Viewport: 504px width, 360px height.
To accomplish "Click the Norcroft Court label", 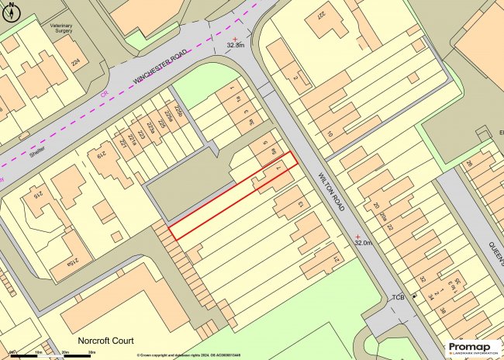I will pos(105,341).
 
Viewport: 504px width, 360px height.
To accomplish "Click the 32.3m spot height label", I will pos(236,46).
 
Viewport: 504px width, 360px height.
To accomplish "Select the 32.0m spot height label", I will pos(363,243).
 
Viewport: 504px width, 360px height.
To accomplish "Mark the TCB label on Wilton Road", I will pos(399,297).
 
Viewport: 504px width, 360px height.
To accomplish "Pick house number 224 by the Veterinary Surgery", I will pos(75,62).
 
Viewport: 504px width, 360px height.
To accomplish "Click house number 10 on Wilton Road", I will pos(329,134).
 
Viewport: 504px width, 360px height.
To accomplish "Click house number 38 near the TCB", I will pos(442,312).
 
